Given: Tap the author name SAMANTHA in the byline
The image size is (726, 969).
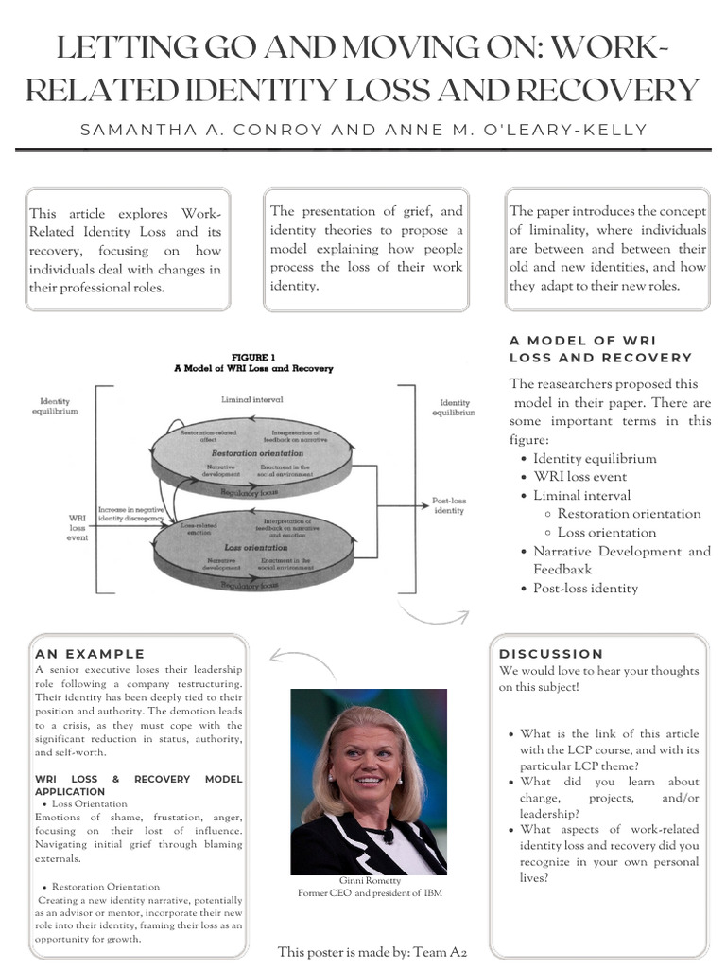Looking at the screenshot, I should coord(132,129).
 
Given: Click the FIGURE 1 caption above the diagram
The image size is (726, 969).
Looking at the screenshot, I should coord(252,357).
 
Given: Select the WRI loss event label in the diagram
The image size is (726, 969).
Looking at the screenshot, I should coord(78,527).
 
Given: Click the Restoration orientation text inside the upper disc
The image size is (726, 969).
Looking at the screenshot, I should coord(256,453).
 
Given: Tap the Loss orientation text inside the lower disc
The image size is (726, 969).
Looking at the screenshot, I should coord(255,547).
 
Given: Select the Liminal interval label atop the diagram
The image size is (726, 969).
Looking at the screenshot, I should coord(251,399).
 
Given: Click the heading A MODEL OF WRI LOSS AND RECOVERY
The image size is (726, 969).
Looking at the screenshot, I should coord(600,348).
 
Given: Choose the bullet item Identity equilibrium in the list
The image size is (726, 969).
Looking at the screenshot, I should coord(595,458).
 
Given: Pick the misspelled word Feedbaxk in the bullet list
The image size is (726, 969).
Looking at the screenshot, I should coord(562,570).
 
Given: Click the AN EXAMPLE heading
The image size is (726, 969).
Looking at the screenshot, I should coord(90,653).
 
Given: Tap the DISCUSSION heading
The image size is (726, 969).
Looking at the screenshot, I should coord(550,653).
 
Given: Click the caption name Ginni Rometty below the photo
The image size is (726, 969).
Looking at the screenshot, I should coord(370,880).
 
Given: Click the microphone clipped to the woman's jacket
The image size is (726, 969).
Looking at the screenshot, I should coord(387,836).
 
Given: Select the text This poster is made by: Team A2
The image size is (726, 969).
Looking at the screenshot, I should coord(372,952).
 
